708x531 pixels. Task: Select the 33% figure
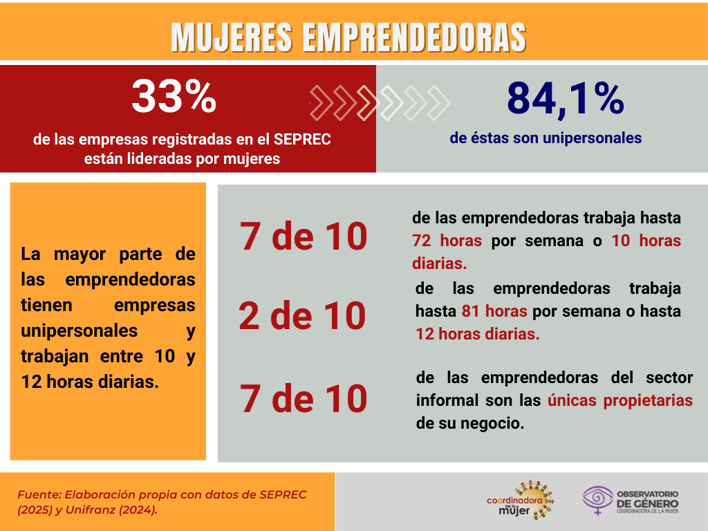[174, 97]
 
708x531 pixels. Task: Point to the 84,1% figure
[565, 98]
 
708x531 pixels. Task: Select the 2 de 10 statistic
[302, 317]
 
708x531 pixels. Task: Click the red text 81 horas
[494, 311]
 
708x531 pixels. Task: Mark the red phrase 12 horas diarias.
[477, 334]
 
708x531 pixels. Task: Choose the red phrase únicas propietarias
[620, 400]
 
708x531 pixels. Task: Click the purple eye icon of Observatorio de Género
[597, 499]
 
